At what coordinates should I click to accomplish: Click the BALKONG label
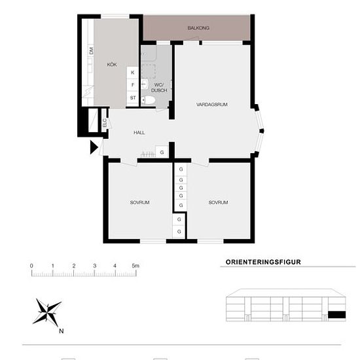point(198,28)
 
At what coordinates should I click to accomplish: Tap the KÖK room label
point(112,65)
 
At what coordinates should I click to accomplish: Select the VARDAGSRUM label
point(212,105)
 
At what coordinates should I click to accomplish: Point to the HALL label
point(139,132)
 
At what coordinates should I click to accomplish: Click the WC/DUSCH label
point(159,88)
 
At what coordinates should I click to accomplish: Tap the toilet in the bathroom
point(148,100)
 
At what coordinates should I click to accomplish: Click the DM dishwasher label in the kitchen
point(91,51)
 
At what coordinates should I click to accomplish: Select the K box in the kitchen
point(133,73)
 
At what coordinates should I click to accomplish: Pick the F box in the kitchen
point(133,85)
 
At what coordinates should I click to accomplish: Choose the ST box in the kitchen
point(133,98)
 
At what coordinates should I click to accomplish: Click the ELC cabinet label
point(105,123)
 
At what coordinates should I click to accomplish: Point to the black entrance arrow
point(94,147)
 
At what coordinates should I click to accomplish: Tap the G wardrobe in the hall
point(162,152)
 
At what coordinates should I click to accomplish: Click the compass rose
point(47,312)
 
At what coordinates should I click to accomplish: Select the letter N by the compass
point(61,331)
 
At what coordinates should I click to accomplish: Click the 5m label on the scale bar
point(135,266)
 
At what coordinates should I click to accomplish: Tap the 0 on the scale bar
point(31,266)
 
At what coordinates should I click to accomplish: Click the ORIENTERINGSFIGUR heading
point(263,262)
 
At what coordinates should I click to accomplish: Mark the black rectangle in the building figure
point(337,315)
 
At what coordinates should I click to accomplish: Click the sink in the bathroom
point(145,84)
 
